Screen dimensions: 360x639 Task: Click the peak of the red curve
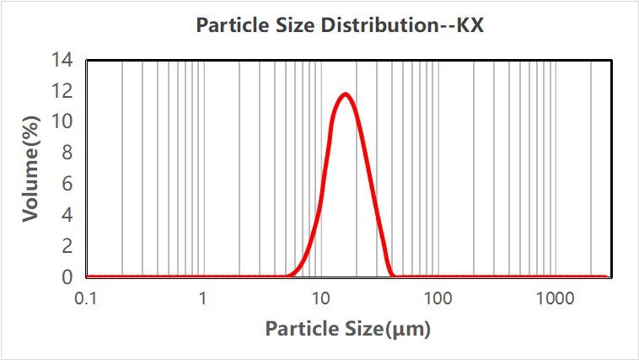pyautogui.click(x=345, y=94)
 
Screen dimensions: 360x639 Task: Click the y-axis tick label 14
pyautogui.click(x=63, y=60)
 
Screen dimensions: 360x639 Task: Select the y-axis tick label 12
pyautogui.click(x=63, y=91)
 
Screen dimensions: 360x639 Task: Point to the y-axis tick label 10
pyautogui.click(x=63, y=122)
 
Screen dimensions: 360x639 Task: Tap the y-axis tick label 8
pyautogui.click(x=68, y=153)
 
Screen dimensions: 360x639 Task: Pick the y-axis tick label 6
pyautogui.click(x=68, y=184)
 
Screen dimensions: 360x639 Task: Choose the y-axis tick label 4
pyautogui.click(x=68, y=215)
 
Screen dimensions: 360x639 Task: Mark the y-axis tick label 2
pyautogui.click(x=68, y=246)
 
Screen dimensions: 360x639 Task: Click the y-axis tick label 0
pyautogui.click(x=68, y=277)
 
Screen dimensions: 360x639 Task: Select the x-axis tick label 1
pyautogui.click(x=203, y=298)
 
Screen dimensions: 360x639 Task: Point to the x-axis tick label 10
pyautogui.click(x=320, y=298)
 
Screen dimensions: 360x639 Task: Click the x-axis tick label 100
pyautogui.click(x=438, y=298)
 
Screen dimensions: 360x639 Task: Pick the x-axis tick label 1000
pyautogui.click(x=555, y=298)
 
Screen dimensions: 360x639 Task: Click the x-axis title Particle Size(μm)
pyautogui.click(x=348, y=329)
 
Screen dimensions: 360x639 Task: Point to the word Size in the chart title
pyautogui.click(x=296, y=24)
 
